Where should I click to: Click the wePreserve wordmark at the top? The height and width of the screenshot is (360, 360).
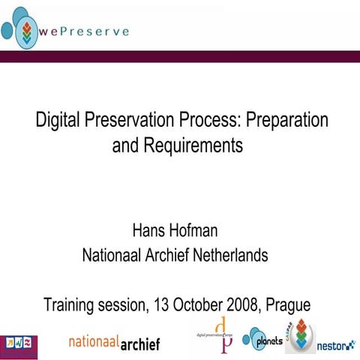click(x=83, y=31)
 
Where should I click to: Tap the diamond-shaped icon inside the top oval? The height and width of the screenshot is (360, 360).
click(x=28, y=31)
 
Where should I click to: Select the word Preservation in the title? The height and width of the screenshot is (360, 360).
click(x=135, y=120)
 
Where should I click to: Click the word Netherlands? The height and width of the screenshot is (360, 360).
click(x=228, y=256)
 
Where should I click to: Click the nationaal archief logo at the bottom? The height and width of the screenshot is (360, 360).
click(x=113, y=342)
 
